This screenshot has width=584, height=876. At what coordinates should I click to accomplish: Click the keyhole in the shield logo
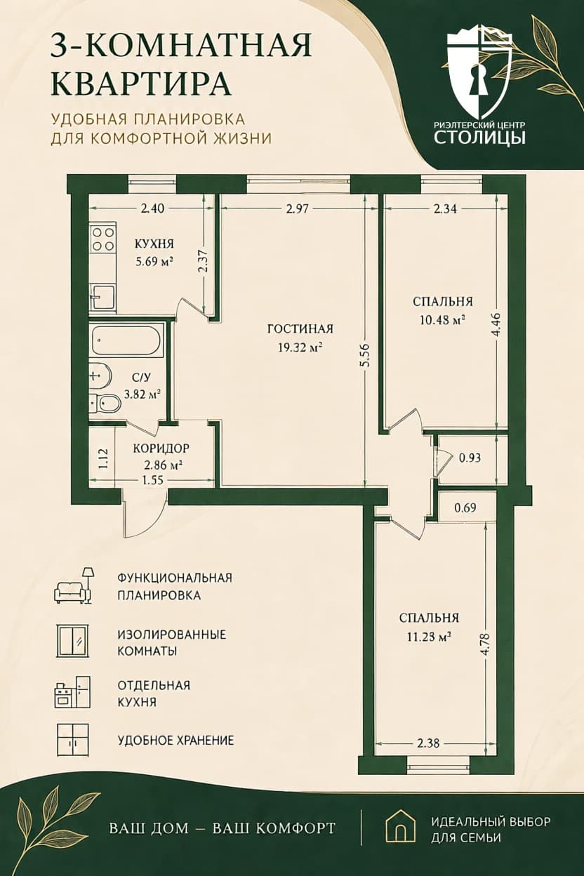479,84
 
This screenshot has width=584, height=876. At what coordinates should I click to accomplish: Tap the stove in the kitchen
103,240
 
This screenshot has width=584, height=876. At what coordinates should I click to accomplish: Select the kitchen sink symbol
102,297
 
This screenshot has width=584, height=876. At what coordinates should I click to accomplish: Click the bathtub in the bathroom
127,340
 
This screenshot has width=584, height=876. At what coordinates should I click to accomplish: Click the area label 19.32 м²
300,347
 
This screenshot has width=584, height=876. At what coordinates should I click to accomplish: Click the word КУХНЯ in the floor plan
154,244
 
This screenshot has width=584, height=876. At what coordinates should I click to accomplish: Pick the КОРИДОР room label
161,448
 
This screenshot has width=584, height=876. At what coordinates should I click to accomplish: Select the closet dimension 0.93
470,458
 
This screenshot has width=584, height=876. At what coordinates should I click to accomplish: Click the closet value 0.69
465,507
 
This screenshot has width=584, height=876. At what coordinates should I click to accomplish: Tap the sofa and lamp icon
74,586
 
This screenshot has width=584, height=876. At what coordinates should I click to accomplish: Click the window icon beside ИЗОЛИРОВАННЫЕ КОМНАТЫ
73,639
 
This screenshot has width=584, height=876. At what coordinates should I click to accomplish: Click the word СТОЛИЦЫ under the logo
480,138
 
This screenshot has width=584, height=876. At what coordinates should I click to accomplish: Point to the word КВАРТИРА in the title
141,84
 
